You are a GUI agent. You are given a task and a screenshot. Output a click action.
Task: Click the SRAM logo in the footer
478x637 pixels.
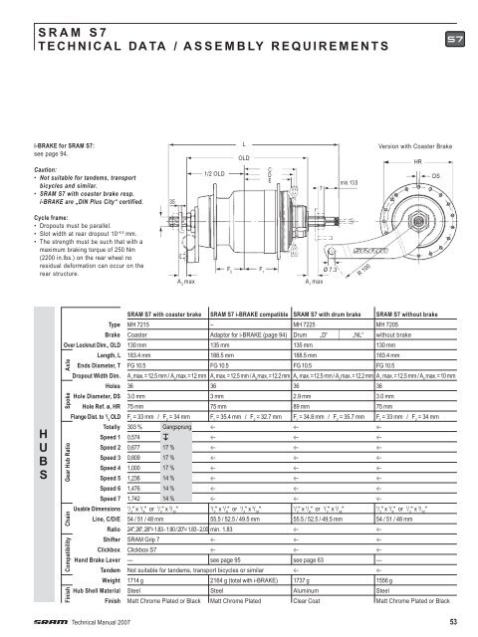point(50,620)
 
